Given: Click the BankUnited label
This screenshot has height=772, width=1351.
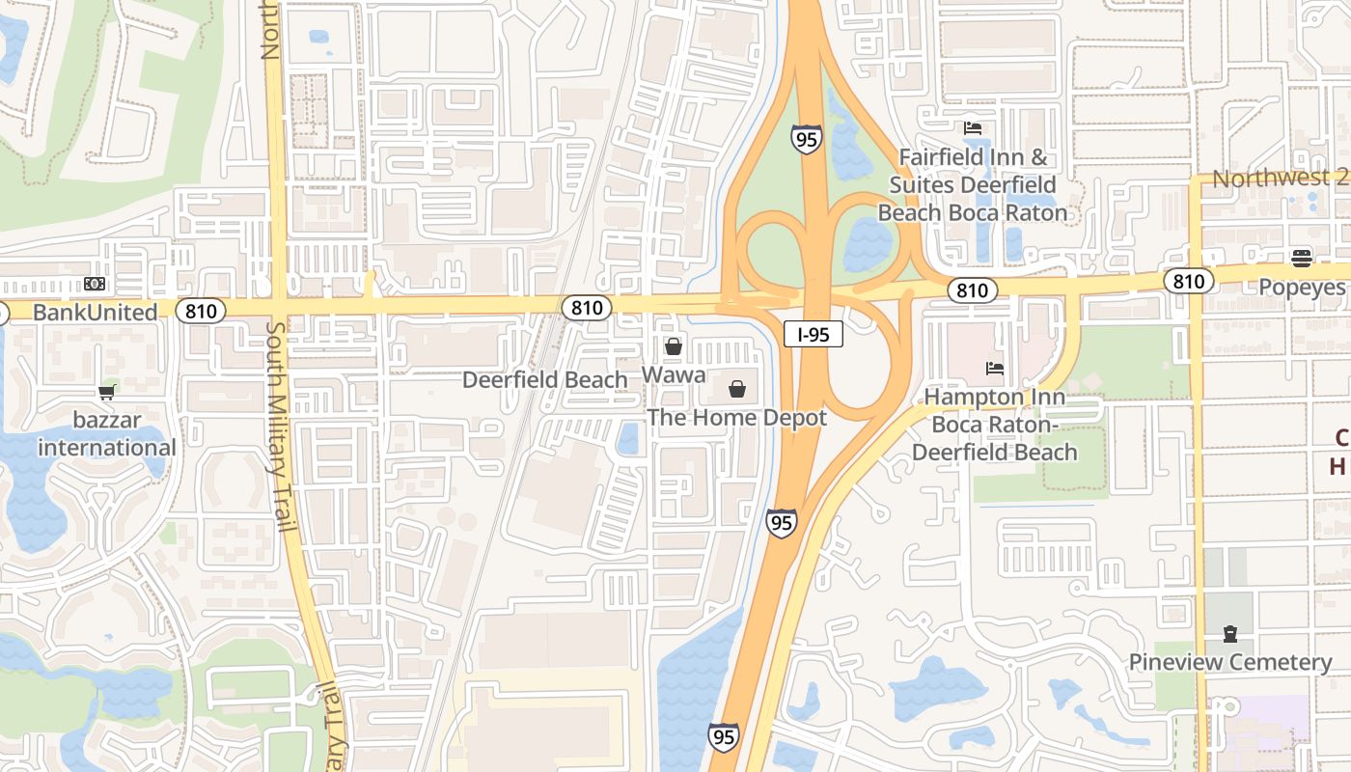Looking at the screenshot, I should (x=95, y=313).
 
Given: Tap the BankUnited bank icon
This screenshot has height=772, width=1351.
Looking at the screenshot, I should (x=95, y=284).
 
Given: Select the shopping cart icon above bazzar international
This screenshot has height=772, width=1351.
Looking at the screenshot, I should (x=107, y=392).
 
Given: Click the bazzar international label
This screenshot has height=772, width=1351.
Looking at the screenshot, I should (x=107, y=434).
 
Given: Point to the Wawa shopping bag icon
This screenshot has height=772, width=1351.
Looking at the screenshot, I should (x=674, y=346).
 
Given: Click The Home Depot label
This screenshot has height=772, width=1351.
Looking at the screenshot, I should (x=736, y=418).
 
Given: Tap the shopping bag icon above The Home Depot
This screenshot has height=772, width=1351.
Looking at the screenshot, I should (x=737, y=389).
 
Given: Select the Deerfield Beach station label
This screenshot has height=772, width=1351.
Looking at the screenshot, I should (x=545, y=380).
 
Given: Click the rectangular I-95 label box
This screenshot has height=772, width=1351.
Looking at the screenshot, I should (x=813, y=335).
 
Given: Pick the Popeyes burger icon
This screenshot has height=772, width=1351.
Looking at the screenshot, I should (x=1302, y=258).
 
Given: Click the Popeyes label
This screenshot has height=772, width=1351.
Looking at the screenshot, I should (x=1302, y=288).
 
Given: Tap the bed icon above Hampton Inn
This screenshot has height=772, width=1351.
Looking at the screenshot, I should (x=995, y=368).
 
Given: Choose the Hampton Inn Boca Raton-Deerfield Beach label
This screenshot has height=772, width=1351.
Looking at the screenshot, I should (x=995, y=425).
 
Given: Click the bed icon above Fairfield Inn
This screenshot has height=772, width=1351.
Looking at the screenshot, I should (x=973, y=127).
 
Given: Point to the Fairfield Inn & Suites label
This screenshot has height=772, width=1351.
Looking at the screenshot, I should (x=973, y=184).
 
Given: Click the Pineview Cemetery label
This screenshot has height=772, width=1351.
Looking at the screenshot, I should (x=1230, y=662).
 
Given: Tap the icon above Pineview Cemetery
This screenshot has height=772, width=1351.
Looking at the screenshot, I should (x=1230, y=633).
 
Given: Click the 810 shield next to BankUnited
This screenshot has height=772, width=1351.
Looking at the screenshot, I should (x=202, y=311).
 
